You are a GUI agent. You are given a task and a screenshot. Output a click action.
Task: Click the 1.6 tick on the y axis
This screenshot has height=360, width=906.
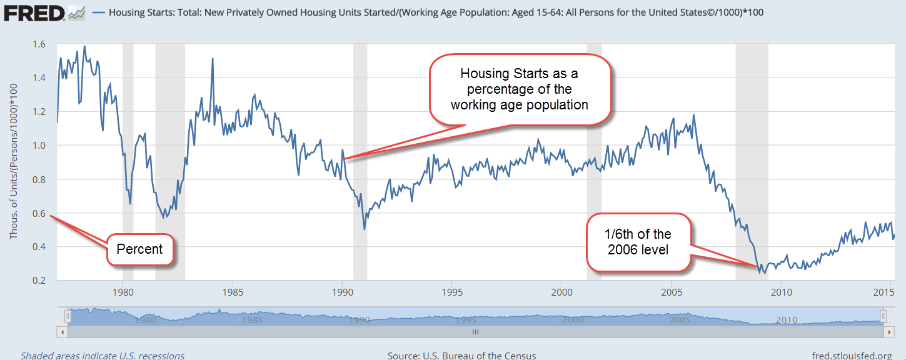[x=38, y=44]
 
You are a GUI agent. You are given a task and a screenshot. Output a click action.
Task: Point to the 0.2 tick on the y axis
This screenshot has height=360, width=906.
[x=38, y=281]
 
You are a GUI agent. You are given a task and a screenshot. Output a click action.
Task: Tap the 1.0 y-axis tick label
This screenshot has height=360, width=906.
[x=38, y=146]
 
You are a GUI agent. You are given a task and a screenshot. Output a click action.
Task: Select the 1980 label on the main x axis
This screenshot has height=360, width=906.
[x=123, y=292]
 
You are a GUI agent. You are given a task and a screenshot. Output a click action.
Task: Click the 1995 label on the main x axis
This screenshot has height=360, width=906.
[x=452, y=292]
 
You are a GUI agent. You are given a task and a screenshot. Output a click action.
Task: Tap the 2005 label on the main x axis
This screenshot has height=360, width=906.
[x=672, y=292]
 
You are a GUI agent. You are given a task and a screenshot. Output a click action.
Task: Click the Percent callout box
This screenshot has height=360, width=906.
[x=139, y=249]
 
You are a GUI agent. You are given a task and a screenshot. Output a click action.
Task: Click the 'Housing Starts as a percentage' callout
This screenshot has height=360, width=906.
[x=519, y=89]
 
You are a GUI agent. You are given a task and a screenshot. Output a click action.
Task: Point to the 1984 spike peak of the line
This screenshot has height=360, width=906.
[x=213, y=59]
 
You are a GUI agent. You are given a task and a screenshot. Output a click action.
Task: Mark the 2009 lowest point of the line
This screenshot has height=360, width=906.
[x=764, y=273]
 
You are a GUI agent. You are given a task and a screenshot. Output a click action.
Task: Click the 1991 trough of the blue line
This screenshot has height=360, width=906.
[x=365, y=229]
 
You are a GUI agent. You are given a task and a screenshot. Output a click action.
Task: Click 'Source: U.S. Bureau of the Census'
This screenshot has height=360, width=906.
[x=461, y=356]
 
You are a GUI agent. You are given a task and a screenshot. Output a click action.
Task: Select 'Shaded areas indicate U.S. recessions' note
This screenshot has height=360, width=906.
[x=103, y=356]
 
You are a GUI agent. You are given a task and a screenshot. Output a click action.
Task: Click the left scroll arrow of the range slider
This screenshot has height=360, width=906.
[x=61, y=332]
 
